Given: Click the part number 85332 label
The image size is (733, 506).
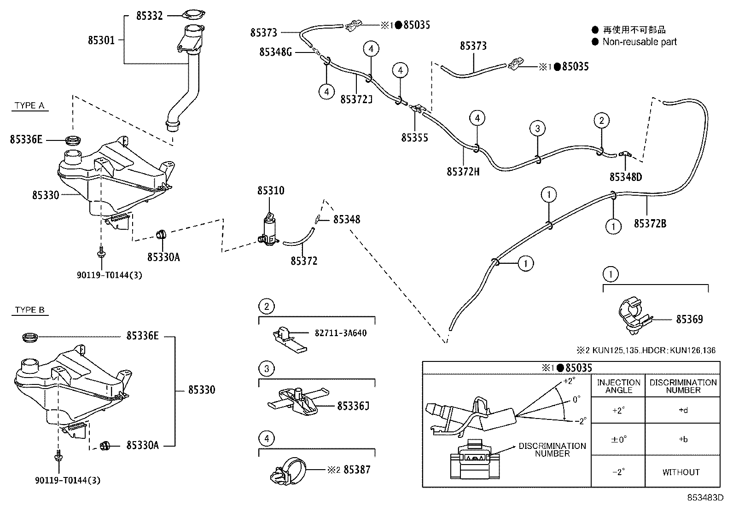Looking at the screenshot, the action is pyautogui.click(x=149, y=16).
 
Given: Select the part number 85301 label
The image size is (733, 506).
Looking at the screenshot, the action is pyautogui.click(x=101, y=40).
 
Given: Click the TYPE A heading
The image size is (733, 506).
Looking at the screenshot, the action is pyautogui.click(x=29, y=105).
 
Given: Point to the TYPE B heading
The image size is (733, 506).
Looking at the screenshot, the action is pyautogui.click(x=29, y=309).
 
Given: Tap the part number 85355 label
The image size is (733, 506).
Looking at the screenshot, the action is pyautogui.click(x=414, y=138).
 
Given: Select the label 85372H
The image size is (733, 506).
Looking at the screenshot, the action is pyautogui.click(x=463, y=171).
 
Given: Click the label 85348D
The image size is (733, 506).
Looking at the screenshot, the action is pyautogui.click(x=626, y=177).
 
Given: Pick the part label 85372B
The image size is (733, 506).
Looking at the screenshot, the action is pyautogui.click(x=650, y=224).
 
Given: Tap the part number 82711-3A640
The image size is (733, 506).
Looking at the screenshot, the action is pyautogui.click(x=341, y=333).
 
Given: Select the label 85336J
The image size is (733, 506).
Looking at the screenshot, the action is pyautogui.click(x=353, y=406).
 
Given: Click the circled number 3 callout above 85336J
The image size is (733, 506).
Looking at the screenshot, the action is pyautogui.click(x=267, y=368).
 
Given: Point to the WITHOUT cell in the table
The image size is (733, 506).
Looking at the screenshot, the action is pyautogui.click(x=681, y=472).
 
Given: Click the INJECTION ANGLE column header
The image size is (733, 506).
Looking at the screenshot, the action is pyautogui.click(x=618, y=386).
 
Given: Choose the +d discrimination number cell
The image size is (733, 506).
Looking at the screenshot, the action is pyautogui.click(x=683, y=410).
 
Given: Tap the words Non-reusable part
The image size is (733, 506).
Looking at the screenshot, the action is pyautogui.click(x=640, y=42).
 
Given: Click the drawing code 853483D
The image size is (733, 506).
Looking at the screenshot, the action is pyautogui.click(x=705, y=498).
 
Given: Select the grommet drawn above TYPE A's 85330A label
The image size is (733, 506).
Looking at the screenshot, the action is pyautogui.click(x=161, y=234).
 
